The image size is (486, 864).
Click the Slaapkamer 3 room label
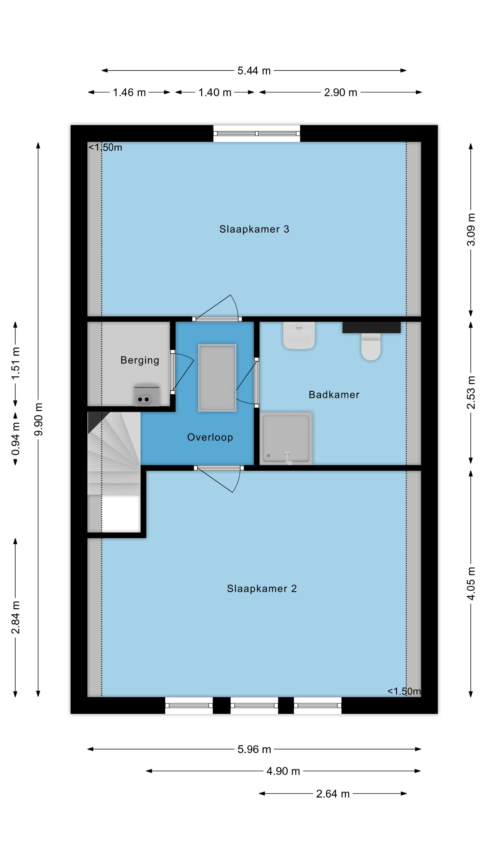(x=254, y=229)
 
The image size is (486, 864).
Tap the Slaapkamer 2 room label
(x=262, y=588)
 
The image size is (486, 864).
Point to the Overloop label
(x=210, y=437)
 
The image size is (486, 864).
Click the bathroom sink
(x=299, y=335)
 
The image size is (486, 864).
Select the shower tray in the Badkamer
(x=286, y=438)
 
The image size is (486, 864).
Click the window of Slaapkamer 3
(x=256, y=133)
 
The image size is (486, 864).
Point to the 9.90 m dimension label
(x=38, y=419)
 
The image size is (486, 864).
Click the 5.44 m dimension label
(x=254, y=71)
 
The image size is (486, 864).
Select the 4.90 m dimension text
(x=283, y=771)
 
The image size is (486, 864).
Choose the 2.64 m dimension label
(x=333, y=794)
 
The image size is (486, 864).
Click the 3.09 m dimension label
(x=471, y=229)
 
